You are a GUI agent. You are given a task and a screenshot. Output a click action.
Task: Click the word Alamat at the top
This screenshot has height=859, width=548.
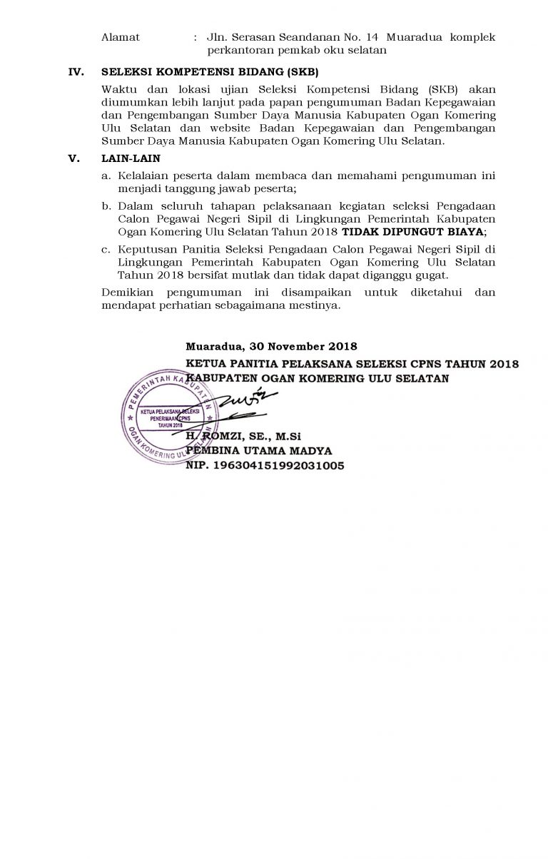coord(121,36)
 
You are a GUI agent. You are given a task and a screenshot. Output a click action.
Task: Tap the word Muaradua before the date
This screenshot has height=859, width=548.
coord(212,348)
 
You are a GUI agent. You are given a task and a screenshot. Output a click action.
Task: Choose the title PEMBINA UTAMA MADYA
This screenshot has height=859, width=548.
coord(259,450)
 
